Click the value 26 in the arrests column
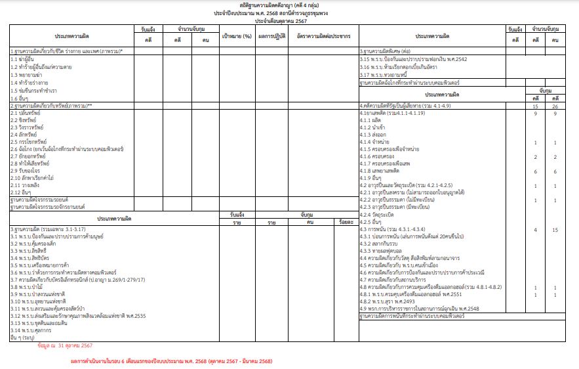coord(555,106)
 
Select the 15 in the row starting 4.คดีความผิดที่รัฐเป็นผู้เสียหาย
coord(536,106)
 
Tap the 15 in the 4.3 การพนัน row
coord(555,230)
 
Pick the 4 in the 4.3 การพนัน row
coord(536,230)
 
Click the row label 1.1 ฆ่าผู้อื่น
coord(24,59)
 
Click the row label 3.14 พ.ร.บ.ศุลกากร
coord(33,331)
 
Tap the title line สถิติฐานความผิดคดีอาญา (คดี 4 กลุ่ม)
coord(289,5)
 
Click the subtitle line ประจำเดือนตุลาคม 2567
coord(289,21)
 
